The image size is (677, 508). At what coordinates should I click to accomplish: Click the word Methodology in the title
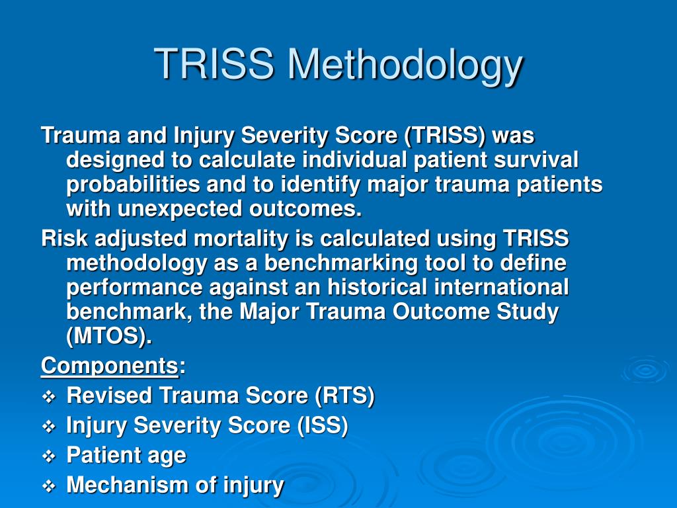[x=405, y=65]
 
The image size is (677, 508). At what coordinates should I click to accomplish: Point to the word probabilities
[x=133, y=185]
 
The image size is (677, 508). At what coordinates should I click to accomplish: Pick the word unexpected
[x=180, y=209]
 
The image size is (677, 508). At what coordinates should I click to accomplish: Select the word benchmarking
[x=340, y=263]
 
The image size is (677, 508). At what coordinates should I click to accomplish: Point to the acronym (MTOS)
[x=109, y=336]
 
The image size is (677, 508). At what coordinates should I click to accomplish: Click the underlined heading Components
[x=110, y=366]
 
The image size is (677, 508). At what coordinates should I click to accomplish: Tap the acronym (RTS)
[x=344, y=396]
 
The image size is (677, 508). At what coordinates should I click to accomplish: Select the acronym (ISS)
[x=322, y=425]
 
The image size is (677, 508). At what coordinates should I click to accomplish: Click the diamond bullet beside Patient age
[x=49, y=456]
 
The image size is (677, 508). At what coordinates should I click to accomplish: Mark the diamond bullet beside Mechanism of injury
[x=49, y=486]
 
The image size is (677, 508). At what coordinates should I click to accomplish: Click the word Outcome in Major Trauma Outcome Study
[x=441, y=312]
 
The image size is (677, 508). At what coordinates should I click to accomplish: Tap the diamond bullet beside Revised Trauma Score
[x=49, y=397]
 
